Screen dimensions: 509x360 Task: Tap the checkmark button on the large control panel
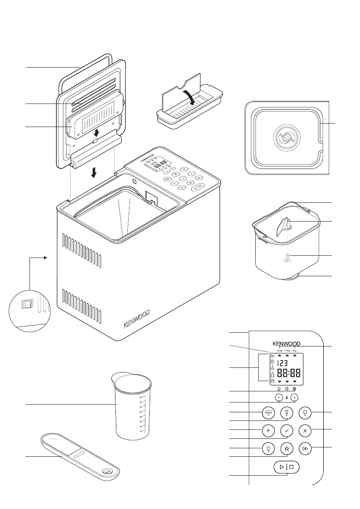(287, 430)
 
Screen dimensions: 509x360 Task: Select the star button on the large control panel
(287, 449)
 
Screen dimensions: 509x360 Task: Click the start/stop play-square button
(286, 467)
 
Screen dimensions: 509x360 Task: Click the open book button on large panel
(268, 413)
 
